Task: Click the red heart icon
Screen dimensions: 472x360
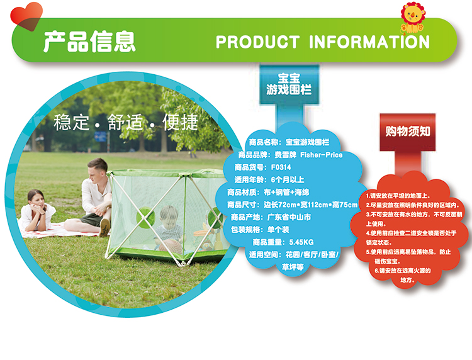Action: (x=26, y=16)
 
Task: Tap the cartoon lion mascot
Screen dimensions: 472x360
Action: (x=412, y=18)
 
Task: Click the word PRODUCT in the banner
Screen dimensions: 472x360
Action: (x=257, y=42)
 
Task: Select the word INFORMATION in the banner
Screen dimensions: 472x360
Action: (x=369, y=42)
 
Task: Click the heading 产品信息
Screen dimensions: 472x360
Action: (x=89, y=42)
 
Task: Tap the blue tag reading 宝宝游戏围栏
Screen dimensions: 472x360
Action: (x=289, y=84)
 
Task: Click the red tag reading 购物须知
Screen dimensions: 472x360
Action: (x=408, y=132)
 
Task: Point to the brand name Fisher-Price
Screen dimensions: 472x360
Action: (x=321, y=155)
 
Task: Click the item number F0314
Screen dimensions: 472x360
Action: (x=281, y=167)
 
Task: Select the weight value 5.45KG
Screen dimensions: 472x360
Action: (x=301, y=242)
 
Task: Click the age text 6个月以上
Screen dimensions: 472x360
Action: (x=288, y=180)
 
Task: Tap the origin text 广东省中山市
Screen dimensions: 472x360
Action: (x=289, y=217)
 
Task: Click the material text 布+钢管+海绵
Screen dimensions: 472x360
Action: (x=286, y=192)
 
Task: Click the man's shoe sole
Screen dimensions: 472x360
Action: (x=104, y=227)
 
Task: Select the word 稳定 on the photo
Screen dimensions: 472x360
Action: (x=72, y=122)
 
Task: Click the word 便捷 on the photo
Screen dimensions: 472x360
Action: (x=181, y=122)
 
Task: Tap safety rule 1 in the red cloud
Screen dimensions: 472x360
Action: (x=398, y=196)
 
